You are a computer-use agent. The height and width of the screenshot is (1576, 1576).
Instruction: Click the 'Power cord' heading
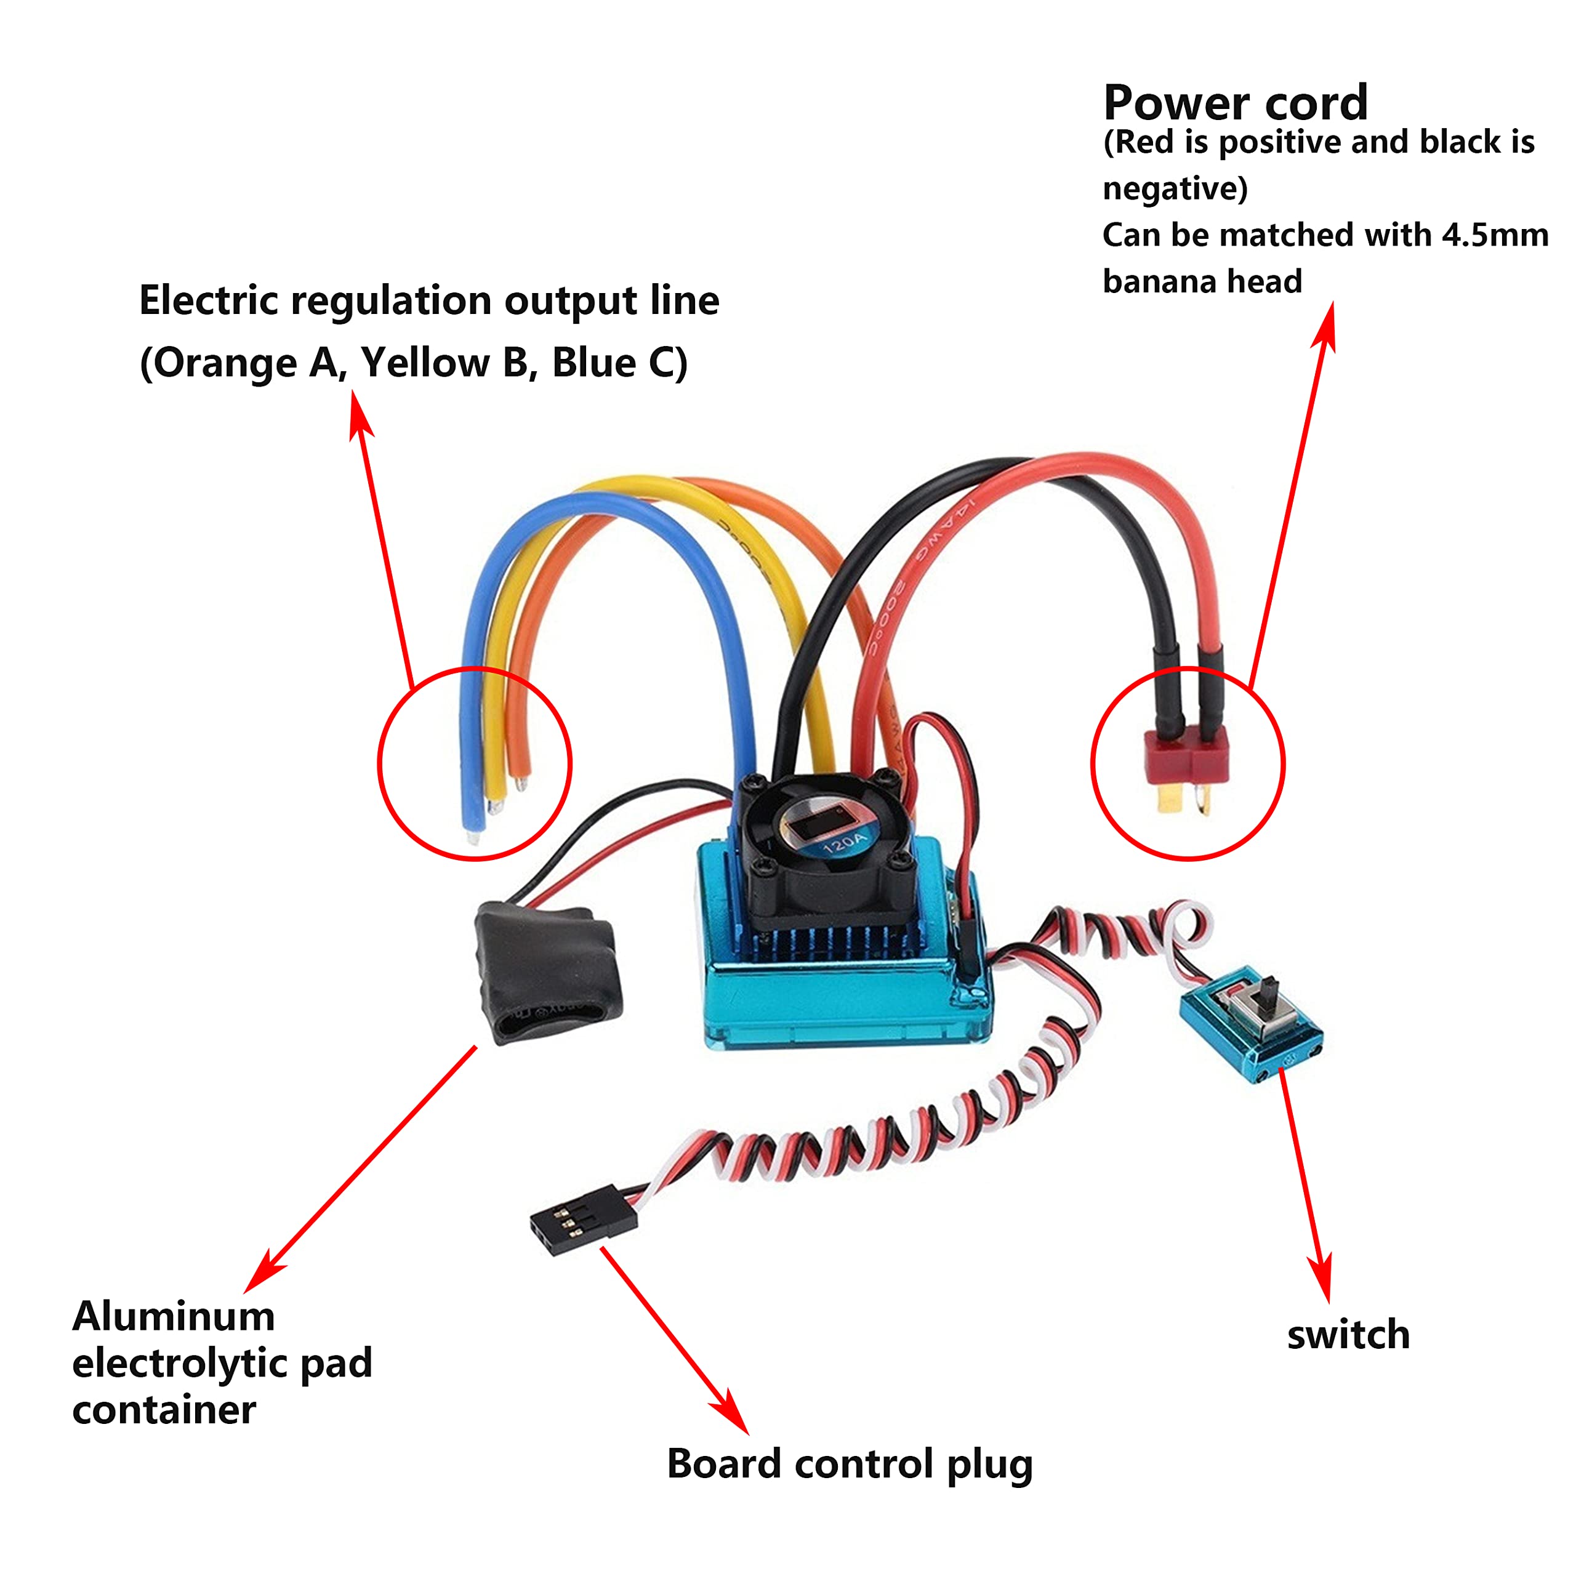pyautogui.click(x=1235, y=103)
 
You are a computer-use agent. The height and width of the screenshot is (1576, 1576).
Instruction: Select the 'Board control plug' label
pyautogui.click(x=849, y=1463)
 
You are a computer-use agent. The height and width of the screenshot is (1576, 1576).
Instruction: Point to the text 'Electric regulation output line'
pyautogui.click(x=429, y=301)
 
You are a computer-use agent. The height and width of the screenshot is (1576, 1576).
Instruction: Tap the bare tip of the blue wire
pyautogui.click(x=473, y=837)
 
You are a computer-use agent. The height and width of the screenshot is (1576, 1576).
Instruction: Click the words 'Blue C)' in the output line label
pyautogui.click(x=620, y=363)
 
